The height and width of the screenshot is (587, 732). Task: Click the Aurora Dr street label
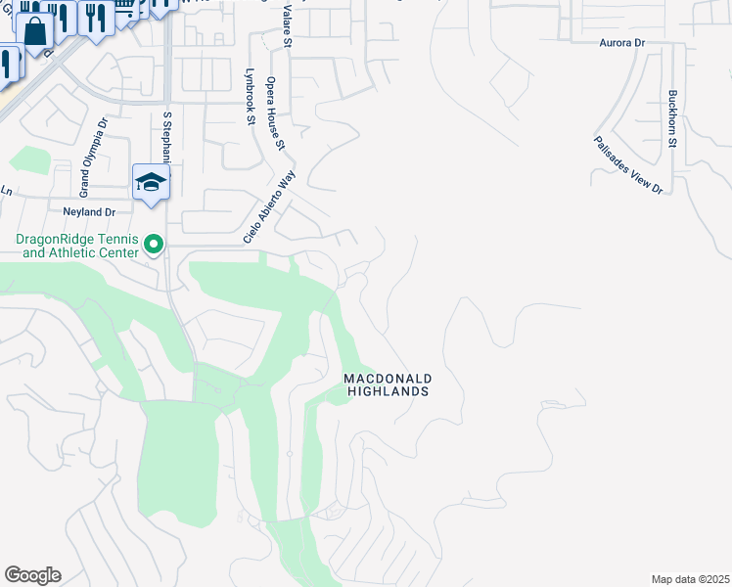point(623,44)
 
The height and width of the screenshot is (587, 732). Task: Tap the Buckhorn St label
point(672,118)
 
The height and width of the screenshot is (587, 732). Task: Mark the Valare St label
point(287,28)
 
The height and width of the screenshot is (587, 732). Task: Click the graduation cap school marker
point(152,182)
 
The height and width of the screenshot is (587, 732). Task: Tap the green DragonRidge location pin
point(154,244)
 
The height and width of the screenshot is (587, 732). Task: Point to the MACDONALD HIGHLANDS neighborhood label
point(389,384)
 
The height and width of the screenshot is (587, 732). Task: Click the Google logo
point(32,575)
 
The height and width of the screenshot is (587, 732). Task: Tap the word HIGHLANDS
point(389,391)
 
